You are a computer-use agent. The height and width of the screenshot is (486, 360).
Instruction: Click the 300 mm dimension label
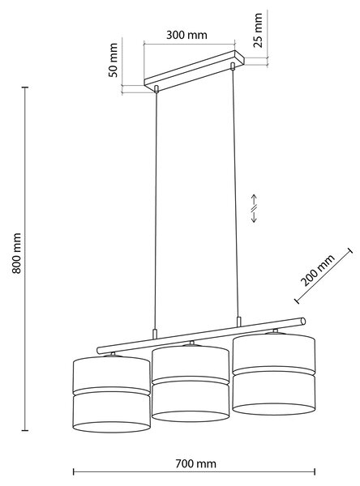pos(186,35)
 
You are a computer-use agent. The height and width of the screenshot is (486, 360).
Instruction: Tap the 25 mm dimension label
pos(258,30)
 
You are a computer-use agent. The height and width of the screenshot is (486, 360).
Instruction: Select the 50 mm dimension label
pos(114,60)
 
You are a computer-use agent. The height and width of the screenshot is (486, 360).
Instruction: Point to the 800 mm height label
pos(16,253)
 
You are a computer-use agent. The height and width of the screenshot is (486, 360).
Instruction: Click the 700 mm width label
pos(196,463)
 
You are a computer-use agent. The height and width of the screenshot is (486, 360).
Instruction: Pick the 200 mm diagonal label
pos(318,271)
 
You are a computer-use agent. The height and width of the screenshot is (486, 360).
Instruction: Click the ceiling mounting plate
pos(195,71)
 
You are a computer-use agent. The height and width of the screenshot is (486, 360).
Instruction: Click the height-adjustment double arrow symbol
pos(254,208)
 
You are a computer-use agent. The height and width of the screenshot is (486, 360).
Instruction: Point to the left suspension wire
pos(156,211)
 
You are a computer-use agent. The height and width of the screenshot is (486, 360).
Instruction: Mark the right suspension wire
pos(235,192)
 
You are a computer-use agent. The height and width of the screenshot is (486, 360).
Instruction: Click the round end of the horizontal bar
pos(303,321)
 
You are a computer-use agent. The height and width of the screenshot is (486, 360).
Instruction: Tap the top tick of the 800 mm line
pos(25,87)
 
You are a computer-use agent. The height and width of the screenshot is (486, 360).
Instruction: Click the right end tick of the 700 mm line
pos(315,472)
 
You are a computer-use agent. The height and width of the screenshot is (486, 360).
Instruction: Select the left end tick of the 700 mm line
pos(74,472)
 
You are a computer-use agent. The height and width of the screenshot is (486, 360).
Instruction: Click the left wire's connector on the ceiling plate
pos(156,89)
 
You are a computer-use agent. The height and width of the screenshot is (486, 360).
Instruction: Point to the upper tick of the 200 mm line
pos(350,251)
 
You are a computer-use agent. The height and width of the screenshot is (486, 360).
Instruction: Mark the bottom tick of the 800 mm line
pos(25,430)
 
